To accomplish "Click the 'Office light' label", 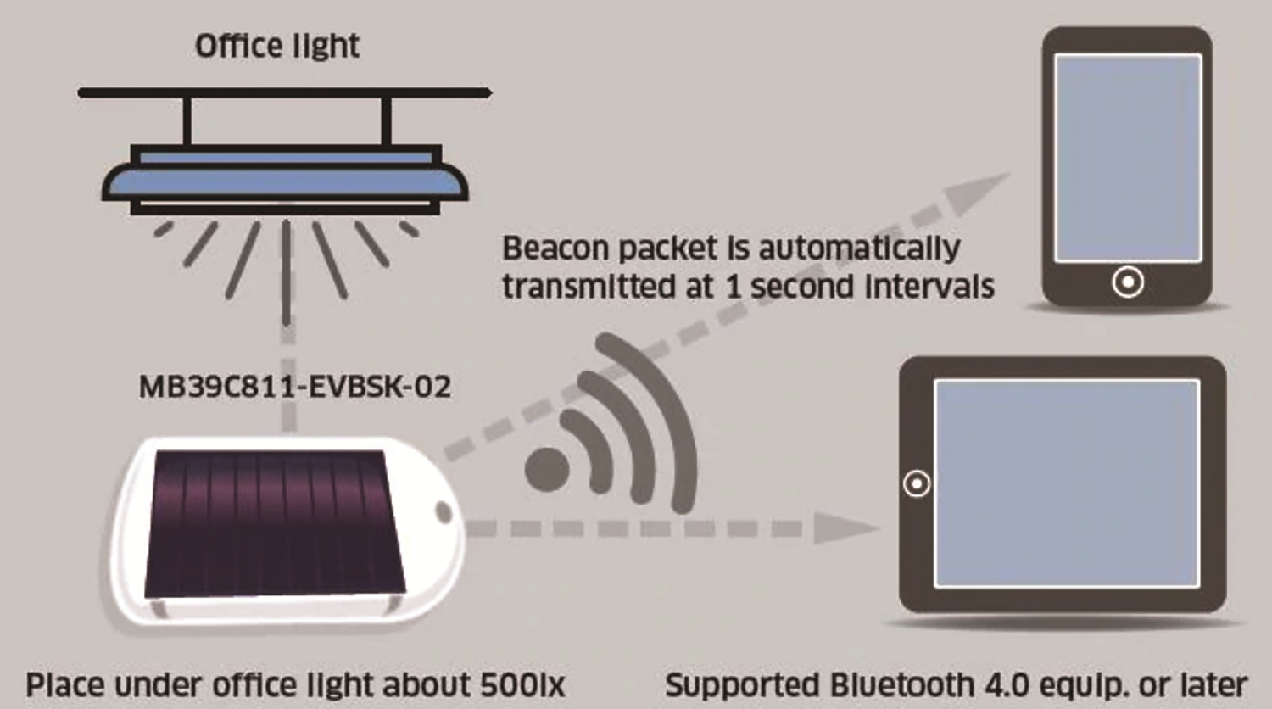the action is (277, 46).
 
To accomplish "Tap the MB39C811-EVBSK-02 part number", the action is (295, 387).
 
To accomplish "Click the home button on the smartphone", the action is (1128, 282).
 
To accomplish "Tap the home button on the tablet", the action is (917, 484).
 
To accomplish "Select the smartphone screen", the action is (1128, 158).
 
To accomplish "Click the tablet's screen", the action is (1067, 483).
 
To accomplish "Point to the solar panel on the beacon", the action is (274, 522).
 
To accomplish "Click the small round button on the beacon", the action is (444, 513).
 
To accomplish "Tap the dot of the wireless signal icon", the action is (547, 469).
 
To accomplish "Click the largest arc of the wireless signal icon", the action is (676, 409).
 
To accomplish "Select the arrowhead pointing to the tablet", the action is (846, 529).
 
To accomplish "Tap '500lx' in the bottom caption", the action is (522, 685).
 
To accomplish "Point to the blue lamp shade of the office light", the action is (285, 181).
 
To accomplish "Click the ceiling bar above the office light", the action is (284, 92).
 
